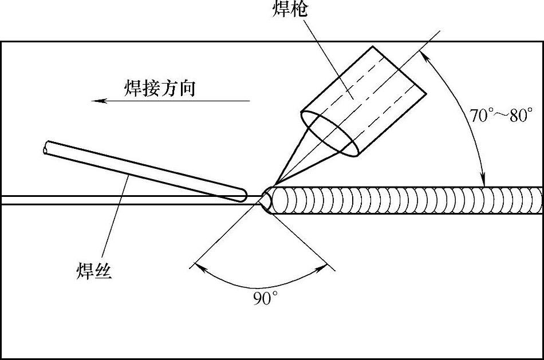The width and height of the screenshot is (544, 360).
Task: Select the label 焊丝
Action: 93,270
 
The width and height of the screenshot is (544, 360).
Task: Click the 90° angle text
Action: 265,298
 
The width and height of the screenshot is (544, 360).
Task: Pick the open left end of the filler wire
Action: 46,148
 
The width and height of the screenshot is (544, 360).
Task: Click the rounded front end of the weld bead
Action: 271,200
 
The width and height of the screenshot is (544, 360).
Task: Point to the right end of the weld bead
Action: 538,200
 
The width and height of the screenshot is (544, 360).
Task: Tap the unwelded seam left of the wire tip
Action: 115,200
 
